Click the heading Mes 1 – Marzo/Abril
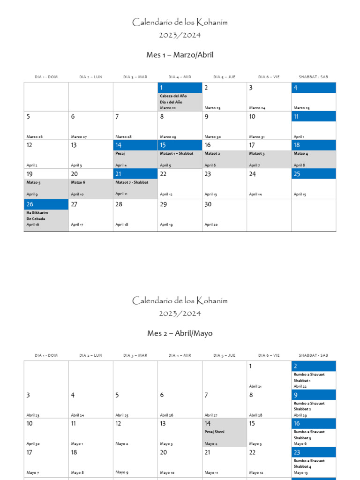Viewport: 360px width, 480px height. point(180,55)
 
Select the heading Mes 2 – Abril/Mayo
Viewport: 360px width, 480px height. point(180,333)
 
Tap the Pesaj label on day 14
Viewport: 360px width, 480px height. point(120,153)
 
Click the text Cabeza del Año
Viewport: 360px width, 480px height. point(173,96)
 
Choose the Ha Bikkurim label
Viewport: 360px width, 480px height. point(37,212)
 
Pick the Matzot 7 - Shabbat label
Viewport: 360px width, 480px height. point(132,182)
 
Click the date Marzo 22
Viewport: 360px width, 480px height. point(168,108)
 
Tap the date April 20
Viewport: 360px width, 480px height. point(210,225)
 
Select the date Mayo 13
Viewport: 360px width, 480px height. point(300,472)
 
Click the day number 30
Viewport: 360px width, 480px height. point(208,204)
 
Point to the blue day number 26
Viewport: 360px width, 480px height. point(30,204)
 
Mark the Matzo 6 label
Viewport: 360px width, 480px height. point(78,182)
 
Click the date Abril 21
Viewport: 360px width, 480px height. point(255,386)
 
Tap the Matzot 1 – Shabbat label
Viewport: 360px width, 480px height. point(176,153)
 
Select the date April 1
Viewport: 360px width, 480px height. point(299,137)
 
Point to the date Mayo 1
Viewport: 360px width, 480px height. point(77,443)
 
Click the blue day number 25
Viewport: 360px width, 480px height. point(297,174)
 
